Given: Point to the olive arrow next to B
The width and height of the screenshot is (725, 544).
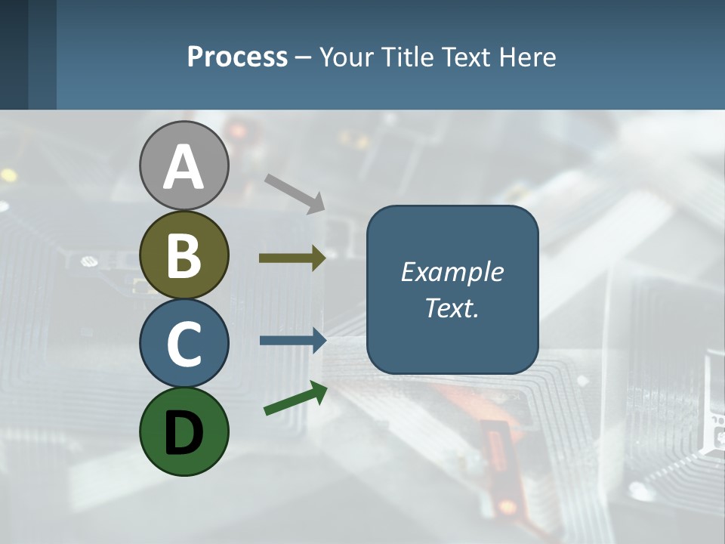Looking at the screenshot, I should click(x=292, y=258).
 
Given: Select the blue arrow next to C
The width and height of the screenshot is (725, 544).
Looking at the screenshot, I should click(x=292, y=340).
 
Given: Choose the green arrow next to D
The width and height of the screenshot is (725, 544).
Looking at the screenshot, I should click(x=295, y=399).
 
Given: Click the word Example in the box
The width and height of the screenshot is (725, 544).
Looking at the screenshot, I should click(x=452, y=272).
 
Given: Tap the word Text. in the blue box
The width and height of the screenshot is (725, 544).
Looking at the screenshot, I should click(x=452, y=308).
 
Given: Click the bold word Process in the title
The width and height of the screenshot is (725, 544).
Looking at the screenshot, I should click(x=237, y=57).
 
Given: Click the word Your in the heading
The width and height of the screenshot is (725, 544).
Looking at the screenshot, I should click(x=344, y=57).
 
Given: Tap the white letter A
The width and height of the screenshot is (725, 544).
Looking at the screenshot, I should click(x=184, y=166).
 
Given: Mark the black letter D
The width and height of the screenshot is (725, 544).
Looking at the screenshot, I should click(x=184, y=433).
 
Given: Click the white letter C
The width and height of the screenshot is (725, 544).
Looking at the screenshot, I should click(x=184, y=344).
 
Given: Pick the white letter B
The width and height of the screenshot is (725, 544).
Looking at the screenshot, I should click(x=184, y=255).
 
